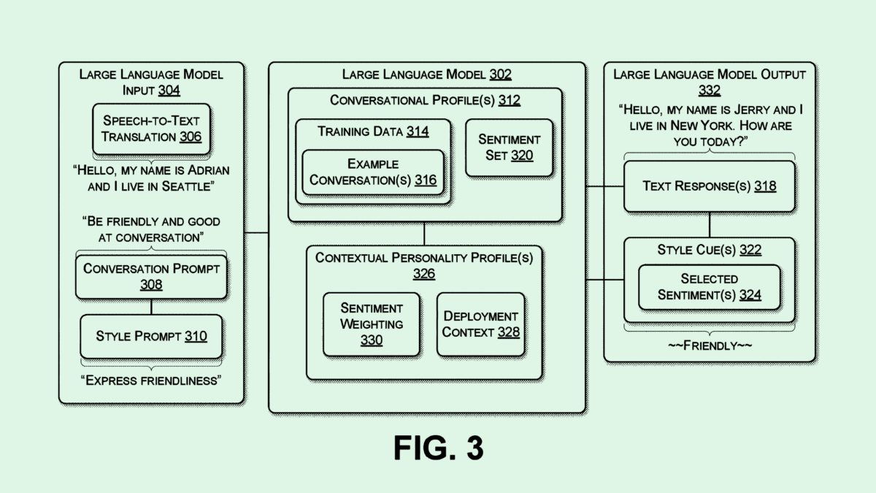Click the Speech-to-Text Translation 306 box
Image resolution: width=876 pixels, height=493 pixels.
[x=151, y=129]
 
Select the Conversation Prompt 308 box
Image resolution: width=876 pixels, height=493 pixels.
[x=151, y=276]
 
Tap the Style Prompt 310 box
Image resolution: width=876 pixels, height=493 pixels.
[x=151, y=336]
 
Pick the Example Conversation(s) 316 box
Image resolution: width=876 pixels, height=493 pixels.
[x=373, y=172]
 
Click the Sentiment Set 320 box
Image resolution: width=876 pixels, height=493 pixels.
[x=509, y=147]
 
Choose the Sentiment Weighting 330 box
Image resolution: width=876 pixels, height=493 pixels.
[x=371, y=324]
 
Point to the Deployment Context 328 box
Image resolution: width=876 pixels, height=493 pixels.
[x=480, y=324]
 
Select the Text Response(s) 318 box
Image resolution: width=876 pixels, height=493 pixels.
[x=709, y=186]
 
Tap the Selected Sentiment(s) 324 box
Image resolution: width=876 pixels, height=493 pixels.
[x=709, y=286]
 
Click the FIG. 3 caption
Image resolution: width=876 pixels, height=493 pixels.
[x=438, y=448]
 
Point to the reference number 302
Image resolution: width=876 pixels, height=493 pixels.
[x=500, y=74]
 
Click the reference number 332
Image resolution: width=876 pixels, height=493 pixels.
[x=709, y=91]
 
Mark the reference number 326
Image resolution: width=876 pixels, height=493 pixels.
[x=424, y=274]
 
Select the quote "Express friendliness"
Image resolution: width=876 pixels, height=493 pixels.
[x=152, y=380]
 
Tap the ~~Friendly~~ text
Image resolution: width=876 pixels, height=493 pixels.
[x=709, y=345]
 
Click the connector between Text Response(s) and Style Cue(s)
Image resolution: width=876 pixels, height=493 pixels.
[x=709, y=224]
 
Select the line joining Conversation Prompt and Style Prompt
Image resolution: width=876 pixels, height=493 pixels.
[x=151, y=307]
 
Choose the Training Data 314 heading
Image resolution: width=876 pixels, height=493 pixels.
[x=373, y=131]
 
